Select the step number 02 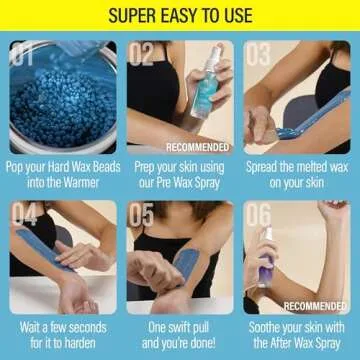143,54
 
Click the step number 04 25,215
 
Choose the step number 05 143,215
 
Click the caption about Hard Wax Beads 60,174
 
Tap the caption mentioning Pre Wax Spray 180,174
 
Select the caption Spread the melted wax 298,174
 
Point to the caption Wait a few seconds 60,335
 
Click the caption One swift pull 180,335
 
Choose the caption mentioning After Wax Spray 298,335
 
